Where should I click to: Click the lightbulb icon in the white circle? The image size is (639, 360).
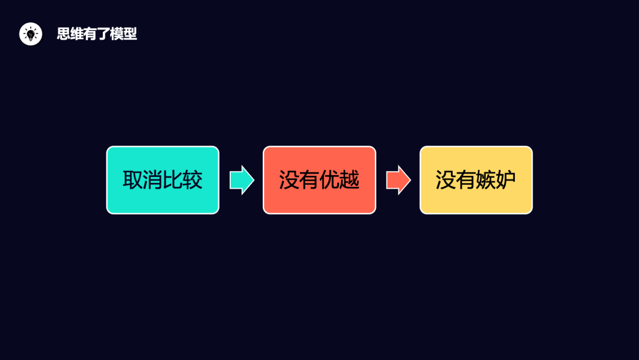[31, 34]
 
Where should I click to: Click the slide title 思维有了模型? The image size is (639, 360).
[97, 34]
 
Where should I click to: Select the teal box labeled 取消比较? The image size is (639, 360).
[163, 179]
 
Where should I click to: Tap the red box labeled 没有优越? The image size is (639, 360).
[319, 179]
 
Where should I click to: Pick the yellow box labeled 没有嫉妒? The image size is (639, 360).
[476, 179]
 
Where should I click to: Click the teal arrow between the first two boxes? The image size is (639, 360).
[241, 180]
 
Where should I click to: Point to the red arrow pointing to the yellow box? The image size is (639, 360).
[398, 180]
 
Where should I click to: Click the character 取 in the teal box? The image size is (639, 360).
[133, 180]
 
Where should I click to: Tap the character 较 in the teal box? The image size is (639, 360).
[193, 180]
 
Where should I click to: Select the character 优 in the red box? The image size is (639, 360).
[330, 180]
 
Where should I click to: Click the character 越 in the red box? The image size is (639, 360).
[350, 180]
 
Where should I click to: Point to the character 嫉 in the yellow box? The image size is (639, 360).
[486, 180]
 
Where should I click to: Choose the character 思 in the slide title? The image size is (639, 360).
[63, 34]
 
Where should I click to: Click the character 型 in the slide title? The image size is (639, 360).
[130, 34]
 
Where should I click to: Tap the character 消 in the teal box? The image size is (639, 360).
[153, 180]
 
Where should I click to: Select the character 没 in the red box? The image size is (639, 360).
[289, 180]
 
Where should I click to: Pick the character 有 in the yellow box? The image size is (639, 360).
[466, 180]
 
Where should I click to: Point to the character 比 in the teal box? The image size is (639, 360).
[173, 180]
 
